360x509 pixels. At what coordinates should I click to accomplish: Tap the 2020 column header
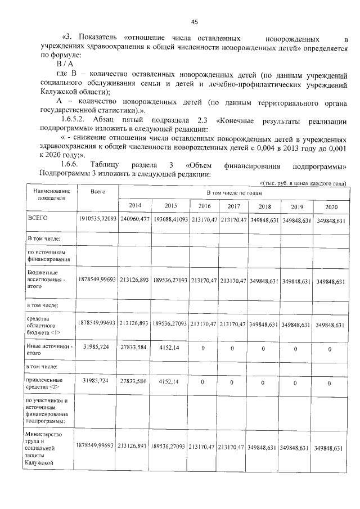(x=330, y=207)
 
